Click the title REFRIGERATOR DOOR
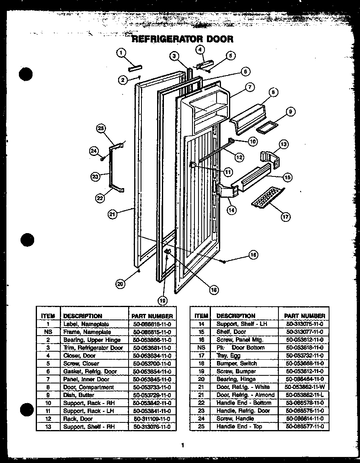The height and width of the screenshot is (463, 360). (182, 39)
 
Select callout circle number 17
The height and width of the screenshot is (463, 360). (285, 217)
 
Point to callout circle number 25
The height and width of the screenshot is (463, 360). (101, 129)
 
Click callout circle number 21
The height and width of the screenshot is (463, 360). (113, 214)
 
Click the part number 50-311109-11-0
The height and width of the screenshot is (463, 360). (152, 419)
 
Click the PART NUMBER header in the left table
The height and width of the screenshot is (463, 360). (152, 316)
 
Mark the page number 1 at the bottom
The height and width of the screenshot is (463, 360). (182, 445)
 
